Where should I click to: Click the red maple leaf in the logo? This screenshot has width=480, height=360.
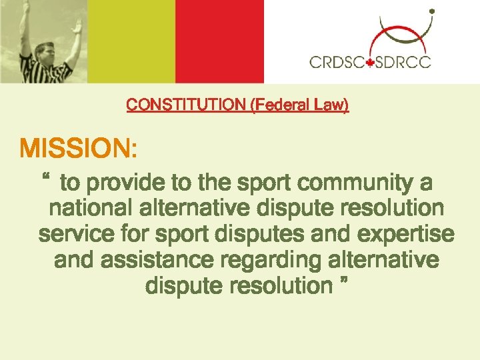(370, 63)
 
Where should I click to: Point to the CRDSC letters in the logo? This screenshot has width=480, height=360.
(337, 63)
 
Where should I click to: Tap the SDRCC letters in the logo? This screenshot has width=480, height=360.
(403, 63)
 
